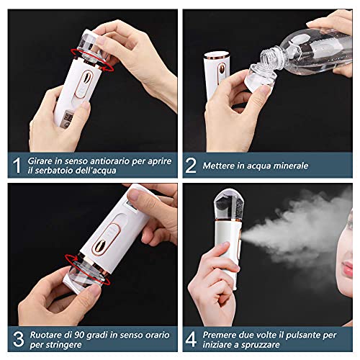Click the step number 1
(x=16, y=165)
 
